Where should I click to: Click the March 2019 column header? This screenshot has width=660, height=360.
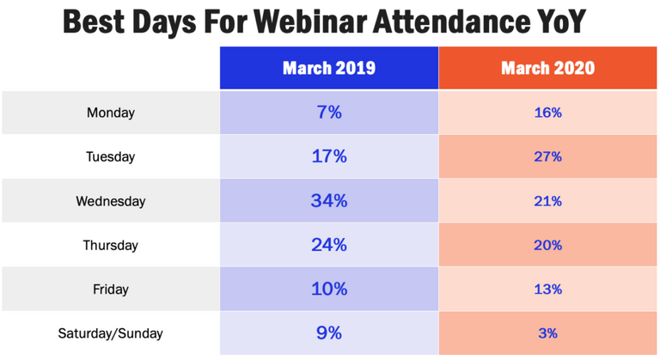pos(329,68)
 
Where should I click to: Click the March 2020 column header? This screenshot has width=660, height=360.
pos(547,68)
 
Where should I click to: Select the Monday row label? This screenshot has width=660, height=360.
pos(110,112)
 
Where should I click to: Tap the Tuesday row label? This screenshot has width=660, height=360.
pos(110,156)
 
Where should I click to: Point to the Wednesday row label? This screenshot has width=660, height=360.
pos(110,201)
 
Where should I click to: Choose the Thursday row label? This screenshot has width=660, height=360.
pos(110,245)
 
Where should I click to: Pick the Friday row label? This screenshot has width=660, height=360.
pos(110,290)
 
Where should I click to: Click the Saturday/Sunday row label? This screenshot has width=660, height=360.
pos(110,333)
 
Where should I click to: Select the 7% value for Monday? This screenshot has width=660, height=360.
pos(329,112)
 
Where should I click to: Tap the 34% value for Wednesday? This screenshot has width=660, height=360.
pos(329,201)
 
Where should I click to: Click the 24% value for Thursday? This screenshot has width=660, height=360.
pos(329,245)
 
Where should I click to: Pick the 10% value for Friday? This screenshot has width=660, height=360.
pos(329,290)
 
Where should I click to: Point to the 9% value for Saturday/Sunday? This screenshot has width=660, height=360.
pos(329,333)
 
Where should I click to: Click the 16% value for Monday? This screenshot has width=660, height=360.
pos(547,112)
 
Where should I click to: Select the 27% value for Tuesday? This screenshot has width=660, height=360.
pos(547,156)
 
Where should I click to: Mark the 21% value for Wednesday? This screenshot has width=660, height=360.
pos(547,201)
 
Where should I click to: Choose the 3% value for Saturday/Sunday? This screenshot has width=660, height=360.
pos(547,333)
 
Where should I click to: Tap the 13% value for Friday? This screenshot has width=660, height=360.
pos(547,290)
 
